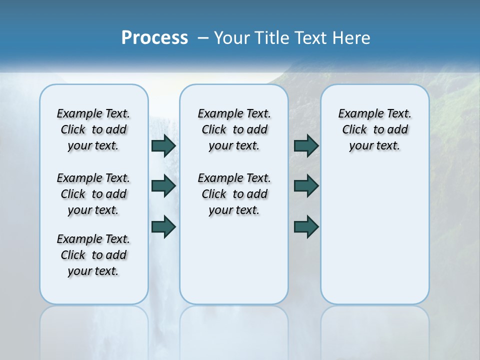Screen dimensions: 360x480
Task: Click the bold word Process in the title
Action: (x=154, y=37)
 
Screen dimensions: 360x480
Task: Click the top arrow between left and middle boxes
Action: (x=163, y=145)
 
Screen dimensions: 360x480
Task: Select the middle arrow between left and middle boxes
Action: (x=163, y=186)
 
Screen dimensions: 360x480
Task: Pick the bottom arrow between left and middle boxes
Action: (x=163, y=226)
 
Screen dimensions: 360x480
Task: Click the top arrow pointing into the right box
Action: (x=306, y=145)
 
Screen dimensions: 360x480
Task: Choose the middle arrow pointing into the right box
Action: (x=306, y=186)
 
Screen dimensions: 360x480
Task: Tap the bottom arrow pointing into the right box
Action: (x=306, y=226)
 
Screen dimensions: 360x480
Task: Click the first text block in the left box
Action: (x=93, y=129)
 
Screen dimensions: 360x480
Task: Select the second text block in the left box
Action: (x=93, y=194)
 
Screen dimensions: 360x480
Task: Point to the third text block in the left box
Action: (x=93, y=255)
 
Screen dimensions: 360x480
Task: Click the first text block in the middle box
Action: (x=234, y=129)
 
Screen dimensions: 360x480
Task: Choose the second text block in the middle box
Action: (x=234, y=194)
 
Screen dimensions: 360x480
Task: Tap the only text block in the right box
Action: (x=374, y=129)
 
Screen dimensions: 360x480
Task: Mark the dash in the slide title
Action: (x=203, y=38)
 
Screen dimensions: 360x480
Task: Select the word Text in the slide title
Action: (x=307, y=37)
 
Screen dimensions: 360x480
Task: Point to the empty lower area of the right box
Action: (x=374, y=235)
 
